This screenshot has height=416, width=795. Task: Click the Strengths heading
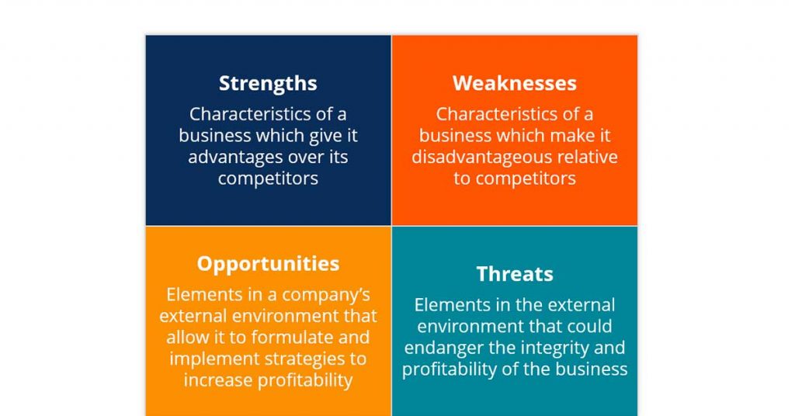[x=268, y=83]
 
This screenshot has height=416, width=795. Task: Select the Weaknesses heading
[x=514, y=83]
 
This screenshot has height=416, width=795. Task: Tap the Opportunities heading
[x=268, y=264]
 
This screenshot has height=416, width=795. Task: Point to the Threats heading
[x=514, y=274]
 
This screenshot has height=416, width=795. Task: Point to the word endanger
[x=440, y=348]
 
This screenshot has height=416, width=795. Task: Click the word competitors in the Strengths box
[x=268, y=179]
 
